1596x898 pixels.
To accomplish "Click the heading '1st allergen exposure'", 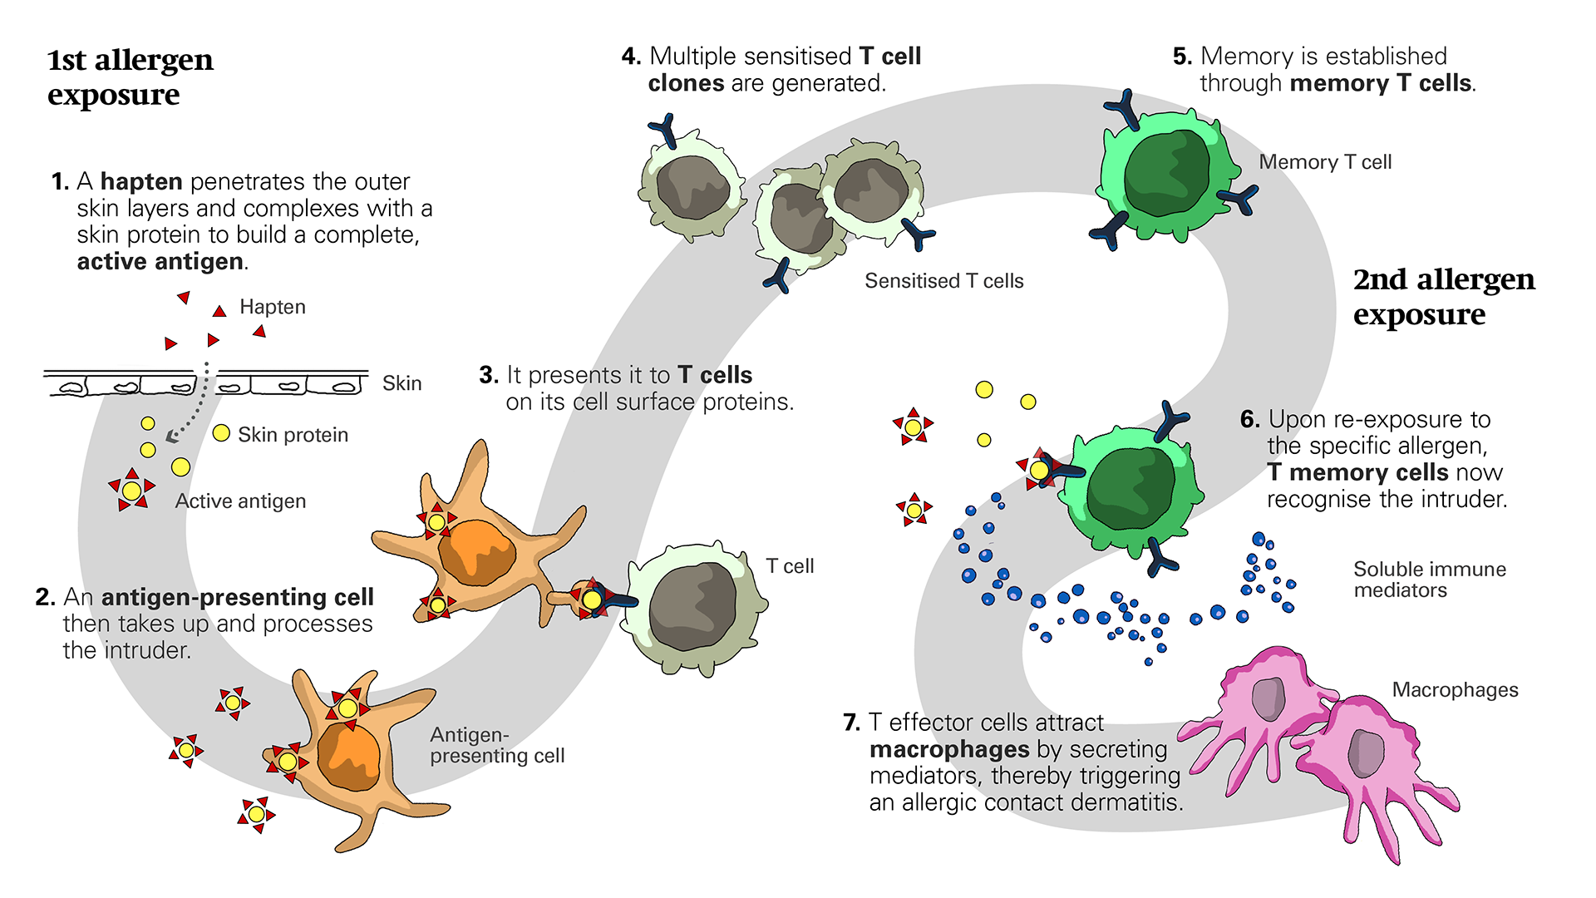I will [x=130, y=76].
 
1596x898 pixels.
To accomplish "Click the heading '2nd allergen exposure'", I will [x=1443, y=296].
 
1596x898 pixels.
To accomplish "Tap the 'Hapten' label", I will [x=272, y=307].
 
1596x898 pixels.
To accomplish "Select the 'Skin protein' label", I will [x=293, y=435].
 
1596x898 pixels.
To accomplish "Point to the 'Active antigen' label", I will [x=240, y=501].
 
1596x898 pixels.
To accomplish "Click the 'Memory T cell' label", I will [x=1325, y=162].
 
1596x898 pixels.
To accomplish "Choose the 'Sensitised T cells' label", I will [x=943, y=281].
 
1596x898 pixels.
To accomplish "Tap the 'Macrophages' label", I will [x=1455, y=690].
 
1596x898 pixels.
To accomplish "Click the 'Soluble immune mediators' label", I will [x=1429, y=580].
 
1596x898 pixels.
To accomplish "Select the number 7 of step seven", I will [x=850, y=723].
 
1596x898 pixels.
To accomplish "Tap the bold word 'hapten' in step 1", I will [x=141, y=181].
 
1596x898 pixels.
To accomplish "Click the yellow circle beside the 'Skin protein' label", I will [x=221, y=433].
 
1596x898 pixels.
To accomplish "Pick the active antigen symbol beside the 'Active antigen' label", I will [x=132, y=491].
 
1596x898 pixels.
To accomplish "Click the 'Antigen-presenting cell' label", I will [x=496, y=745].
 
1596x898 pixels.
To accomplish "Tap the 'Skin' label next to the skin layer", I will [x=401, y=383].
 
